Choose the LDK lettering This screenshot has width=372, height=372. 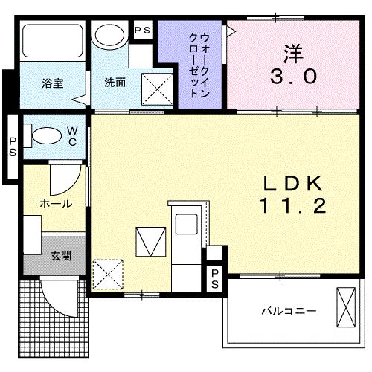pos(292,182)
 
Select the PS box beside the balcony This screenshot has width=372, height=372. pos(214,278)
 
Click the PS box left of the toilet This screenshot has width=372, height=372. pos(13,144)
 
